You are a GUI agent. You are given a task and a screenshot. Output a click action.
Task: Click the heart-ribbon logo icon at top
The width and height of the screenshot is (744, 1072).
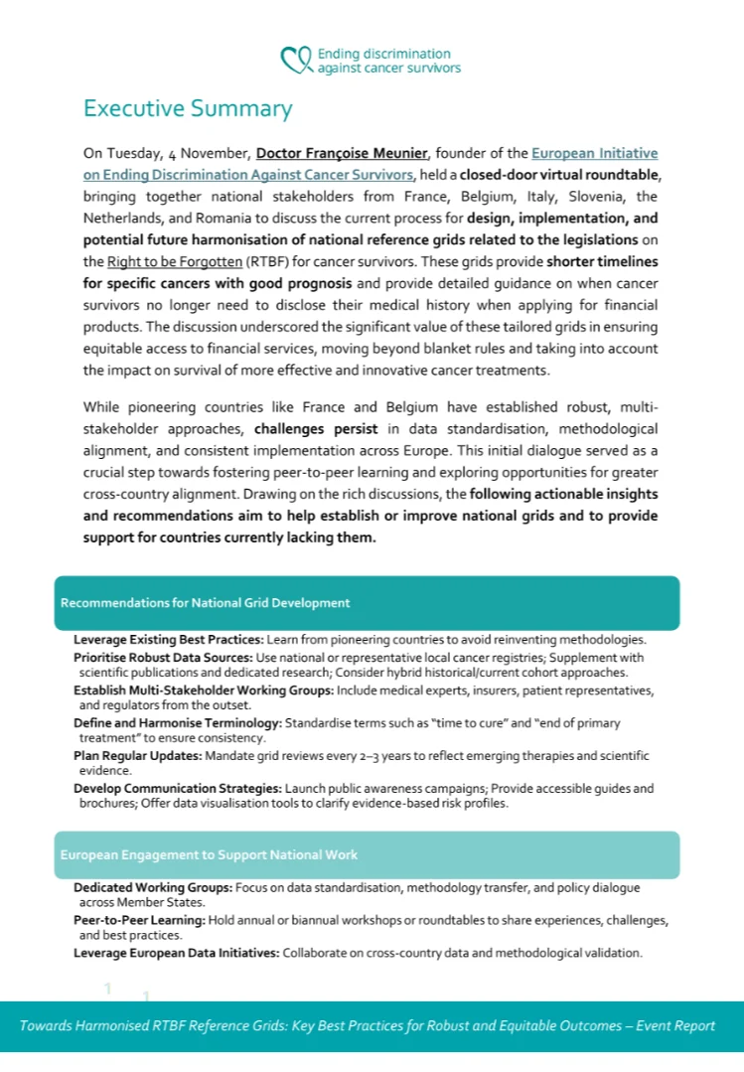coord(297,61)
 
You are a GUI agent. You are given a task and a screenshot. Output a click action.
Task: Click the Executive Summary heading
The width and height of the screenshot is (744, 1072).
coord(188,108)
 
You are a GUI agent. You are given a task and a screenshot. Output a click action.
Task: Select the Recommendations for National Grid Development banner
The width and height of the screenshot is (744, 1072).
coord(367,602)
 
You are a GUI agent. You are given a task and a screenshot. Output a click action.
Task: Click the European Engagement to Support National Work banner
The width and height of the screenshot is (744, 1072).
coord(367,854)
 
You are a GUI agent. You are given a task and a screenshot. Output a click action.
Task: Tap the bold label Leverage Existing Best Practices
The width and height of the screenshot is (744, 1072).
coord(168,639)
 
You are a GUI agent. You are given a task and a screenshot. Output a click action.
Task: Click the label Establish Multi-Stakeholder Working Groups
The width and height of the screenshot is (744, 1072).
coord(203,689)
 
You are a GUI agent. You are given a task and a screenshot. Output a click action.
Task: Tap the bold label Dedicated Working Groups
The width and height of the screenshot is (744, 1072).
coord(153,887)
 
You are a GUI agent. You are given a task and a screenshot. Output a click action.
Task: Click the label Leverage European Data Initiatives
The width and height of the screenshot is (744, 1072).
coord(176,953)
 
